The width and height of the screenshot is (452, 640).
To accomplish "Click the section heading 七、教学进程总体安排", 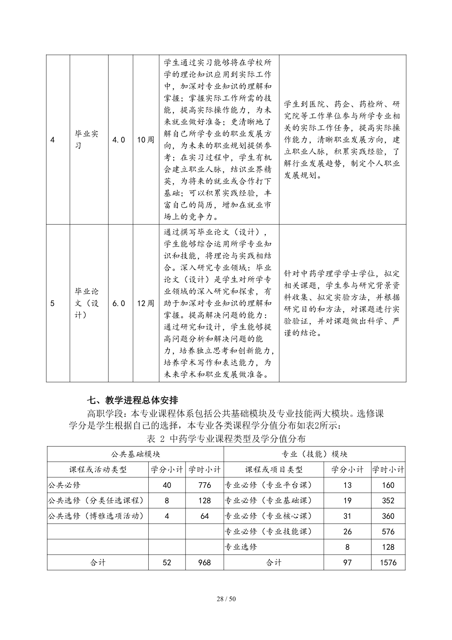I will click(132, 400).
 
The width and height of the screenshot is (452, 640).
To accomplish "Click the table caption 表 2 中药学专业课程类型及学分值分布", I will click(226, 438).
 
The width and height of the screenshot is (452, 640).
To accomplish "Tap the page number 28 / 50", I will click(226, 598).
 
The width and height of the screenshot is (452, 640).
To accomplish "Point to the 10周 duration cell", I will click(145, 139).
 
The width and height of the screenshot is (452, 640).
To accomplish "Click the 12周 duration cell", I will click(145, 303).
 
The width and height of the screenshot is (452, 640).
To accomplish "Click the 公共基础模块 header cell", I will click(135, 454).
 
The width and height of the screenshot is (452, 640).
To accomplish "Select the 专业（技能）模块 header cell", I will click(314, 454).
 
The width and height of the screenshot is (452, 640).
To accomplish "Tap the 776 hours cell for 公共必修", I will click(204, 485).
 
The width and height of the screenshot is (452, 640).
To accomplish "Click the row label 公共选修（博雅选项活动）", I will click(96, 516).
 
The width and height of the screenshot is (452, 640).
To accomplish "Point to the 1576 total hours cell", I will click(388, 562).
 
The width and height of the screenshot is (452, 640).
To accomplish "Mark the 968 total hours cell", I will click(204, 562).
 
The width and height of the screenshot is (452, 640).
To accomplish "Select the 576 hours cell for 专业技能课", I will click(388, 531).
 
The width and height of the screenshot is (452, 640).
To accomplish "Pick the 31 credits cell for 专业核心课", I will click(347, 516).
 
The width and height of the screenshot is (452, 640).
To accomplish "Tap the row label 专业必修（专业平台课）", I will click(269, 485).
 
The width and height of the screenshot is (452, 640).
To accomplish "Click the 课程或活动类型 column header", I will click(98, 470).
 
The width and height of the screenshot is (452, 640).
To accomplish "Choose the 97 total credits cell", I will click(347, 562).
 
